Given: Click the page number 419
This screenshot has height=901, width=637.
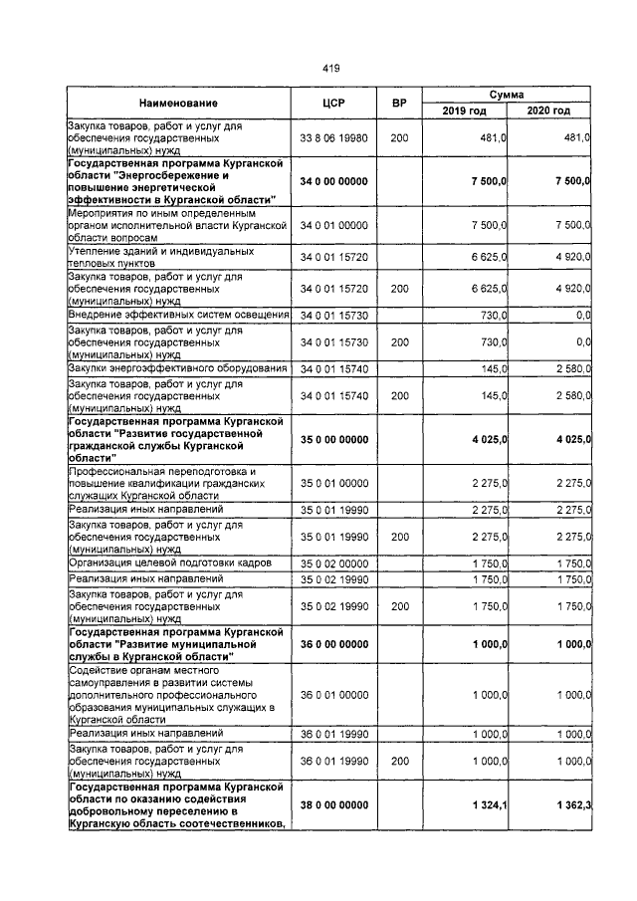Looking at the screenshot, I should [331, 68].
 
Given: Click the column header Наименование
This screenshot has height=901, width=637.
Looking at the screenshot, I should [178, 103].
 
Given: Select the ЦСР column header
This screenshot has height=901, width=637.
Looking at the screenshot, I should [333, 103].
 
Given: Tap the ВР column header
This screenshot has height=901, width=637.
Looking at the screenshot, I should [399, 103].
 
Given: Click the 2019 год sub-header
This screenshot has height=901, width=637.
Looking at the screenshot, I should [465, 111].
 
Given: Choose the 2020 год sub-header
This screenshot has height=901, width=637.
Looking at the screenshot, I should [548, 111].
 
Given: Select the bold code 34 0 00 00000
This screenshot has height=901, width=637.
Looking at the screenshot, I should [333, 180].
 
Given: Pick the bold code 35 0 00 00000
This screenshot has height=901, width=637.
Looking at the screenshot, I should [333, 439].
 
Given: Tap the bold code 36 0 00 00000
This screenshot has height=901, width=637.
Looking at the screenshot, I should [333, 645].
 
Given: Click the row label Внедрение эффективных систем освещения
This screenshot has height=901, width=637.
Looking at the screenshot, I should [178, 315].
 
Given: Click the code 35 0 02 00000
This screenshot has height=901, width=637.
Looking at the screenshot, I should [333, 563].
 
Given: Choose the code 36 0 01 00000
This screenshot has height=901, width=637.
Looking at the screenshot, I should [333, 693].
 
